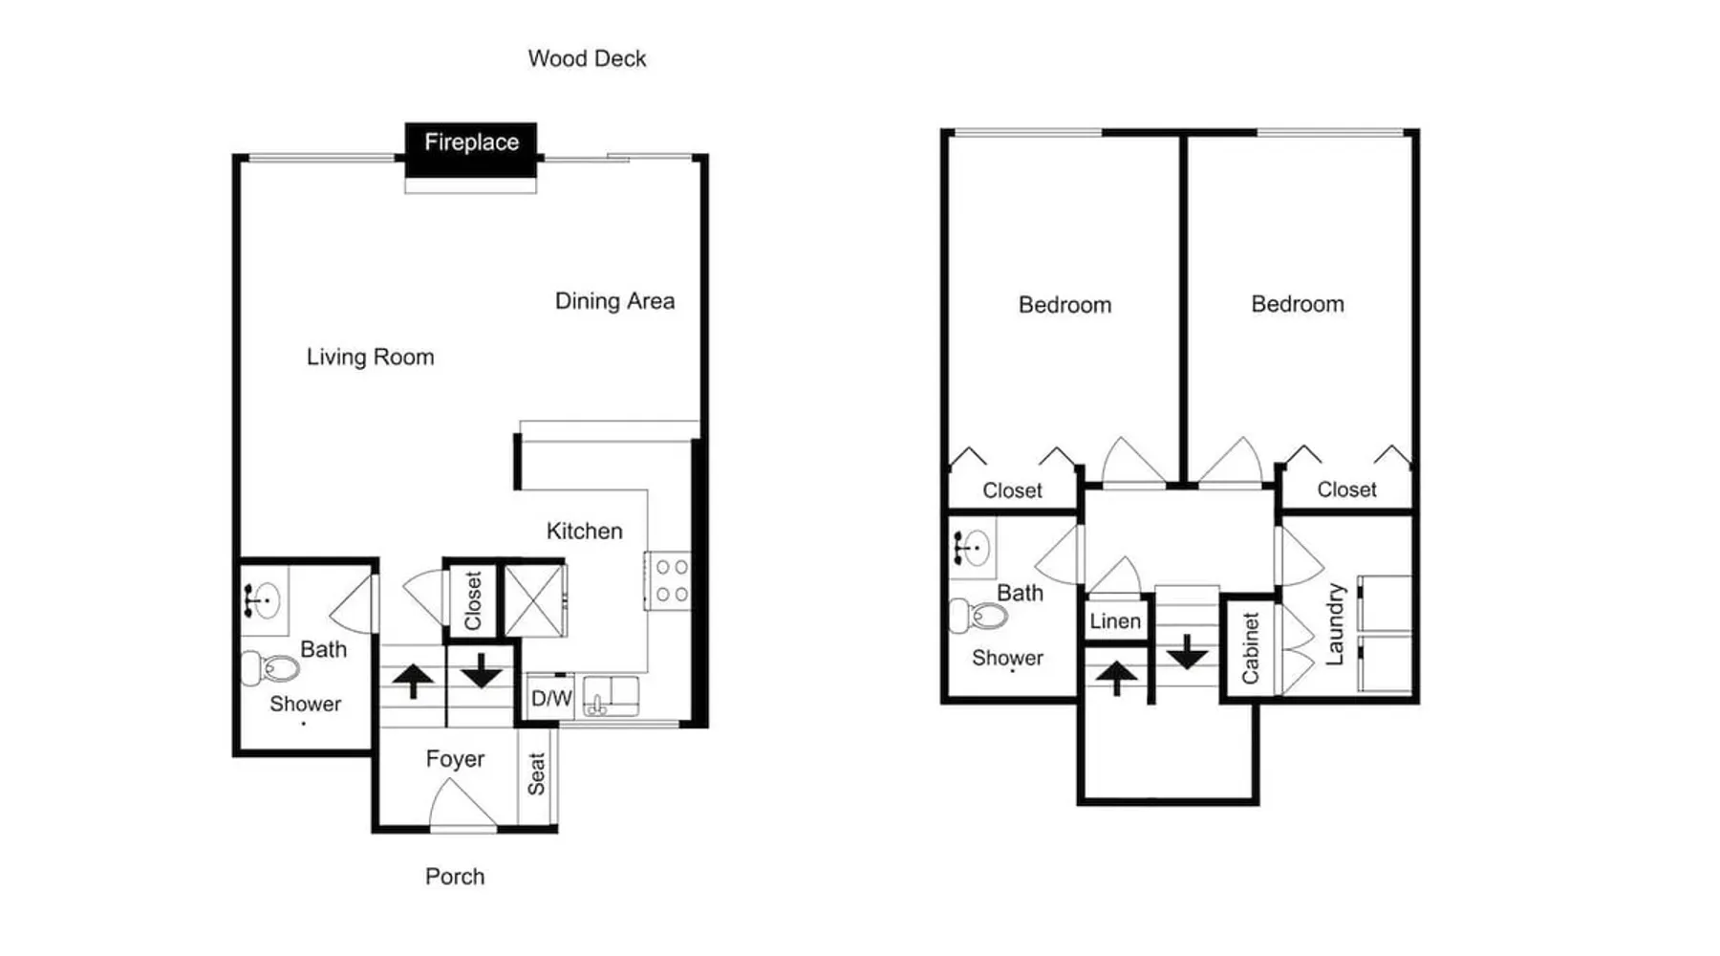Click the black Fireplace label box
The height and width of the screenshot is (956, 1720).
471,149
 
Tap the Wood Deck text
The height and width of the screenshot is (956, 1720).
587,58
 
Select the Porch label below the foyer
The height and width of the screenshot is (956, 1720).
455,877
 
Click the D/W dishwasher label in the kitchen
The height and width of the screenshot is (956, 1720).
551,698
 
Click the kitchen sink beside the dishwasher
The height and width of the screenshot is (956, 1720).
611,695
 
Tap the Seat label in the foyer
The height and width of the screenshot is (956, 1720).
536,774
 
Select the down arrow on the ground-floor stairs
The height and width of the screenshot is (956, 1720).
482,670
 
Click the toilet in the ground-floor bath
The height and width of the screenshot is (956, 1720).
270,667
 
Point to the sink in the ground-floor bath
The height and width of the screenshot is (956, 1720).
263,600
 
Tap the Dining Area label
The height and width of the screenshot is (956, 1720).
614,301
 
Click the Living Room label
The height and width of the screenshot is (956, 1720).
370,358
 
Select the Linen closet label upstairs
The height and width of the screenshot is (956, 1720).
1115,621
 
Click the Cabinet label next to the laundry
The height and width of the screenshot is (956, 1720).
1250,649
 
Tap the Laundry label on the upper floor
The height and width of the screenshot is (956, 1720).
1335,624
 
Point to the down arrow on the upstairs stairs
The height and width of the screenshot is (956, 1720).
1187,652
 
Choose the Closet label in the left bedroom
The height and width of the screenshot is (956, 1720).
1012,490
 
